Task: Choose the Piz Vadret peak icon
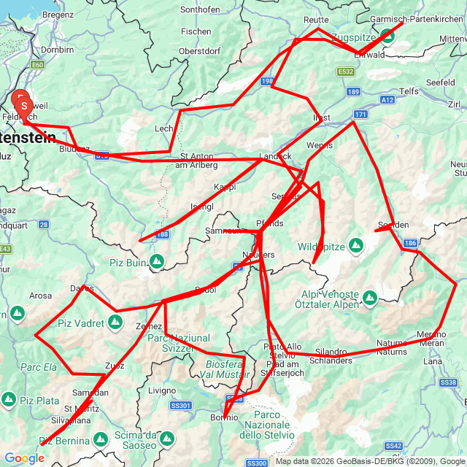pyautogui.click(x=116, y=321)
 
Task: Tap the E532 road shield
pyautogui.click(x=346, y=72)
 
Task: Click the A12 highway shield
pyautogui.click(x=387, y=99)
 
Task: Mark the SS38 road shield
pyautogui.click(x=447, y=382)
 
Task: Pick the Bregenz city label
pyautogui.click(x=58, y=14)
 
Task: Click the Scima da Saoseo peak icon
pyautogui.click(x=167, y=439)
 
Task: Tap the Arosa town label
pyautogui.click(x=41, y=296)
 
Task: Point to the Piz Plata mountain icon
pyautogui.click(x=9, y=400)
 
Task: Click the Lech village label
pyautogui.click(x=163, y=128)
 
